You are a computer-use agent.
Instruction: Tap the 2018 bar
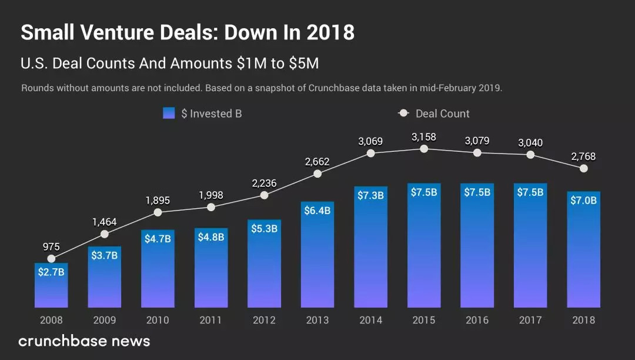point(583,249)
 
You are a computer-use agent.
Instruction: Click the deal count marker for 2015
point(424,149)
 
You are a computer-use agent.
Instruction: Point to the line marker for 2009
point(105,234)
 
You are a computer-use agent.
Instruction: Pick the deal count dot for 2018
point(583,168)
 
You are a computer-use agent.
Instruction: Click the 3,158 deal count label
point(424,136)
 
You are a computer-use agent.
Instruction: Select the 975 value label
point(51,246)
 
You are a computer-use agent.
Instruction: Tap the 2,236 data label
point(264,183)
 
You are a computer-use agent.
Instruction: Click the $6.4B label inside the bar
point(317,211)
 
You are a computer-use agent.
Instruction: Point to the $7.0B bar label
point(583,200)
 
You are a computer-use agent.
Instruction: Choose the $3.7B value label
point(105,255)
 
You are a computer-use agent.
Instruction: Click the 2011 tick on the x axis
point(211,320)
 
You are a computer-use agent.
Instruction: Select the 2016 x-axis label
point(477,320)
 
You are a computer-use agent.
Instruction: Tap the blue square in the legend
point(169,114)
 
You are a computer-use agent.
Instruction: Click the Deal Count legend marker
point(403,114)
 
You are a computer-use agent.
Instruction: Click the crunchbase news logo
point(84,341)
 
